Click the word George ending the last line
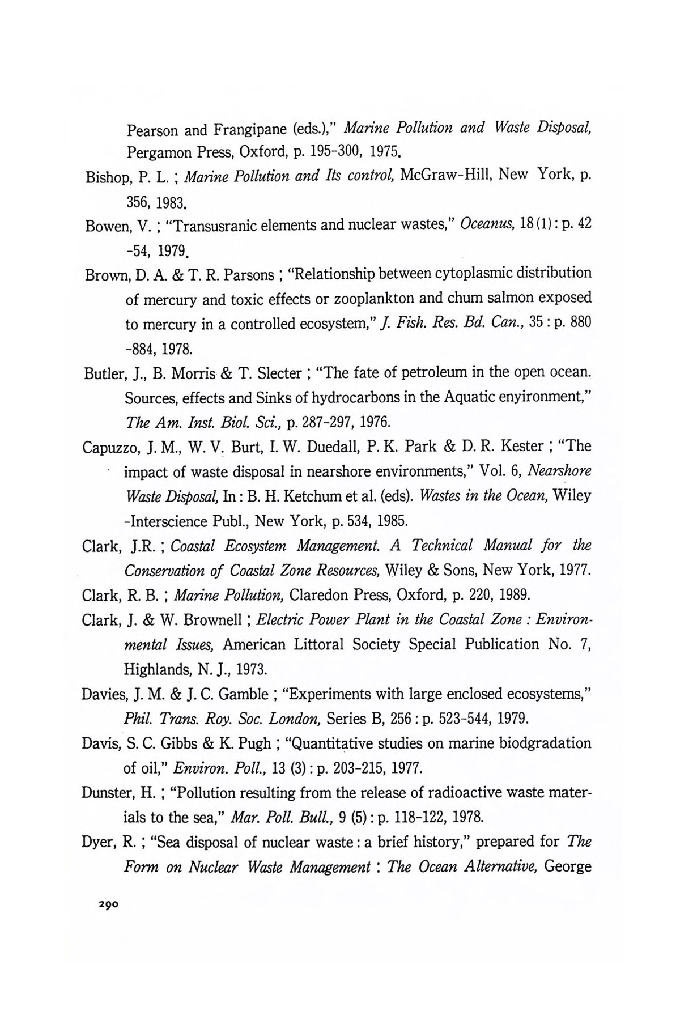(x=571, y=867)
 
